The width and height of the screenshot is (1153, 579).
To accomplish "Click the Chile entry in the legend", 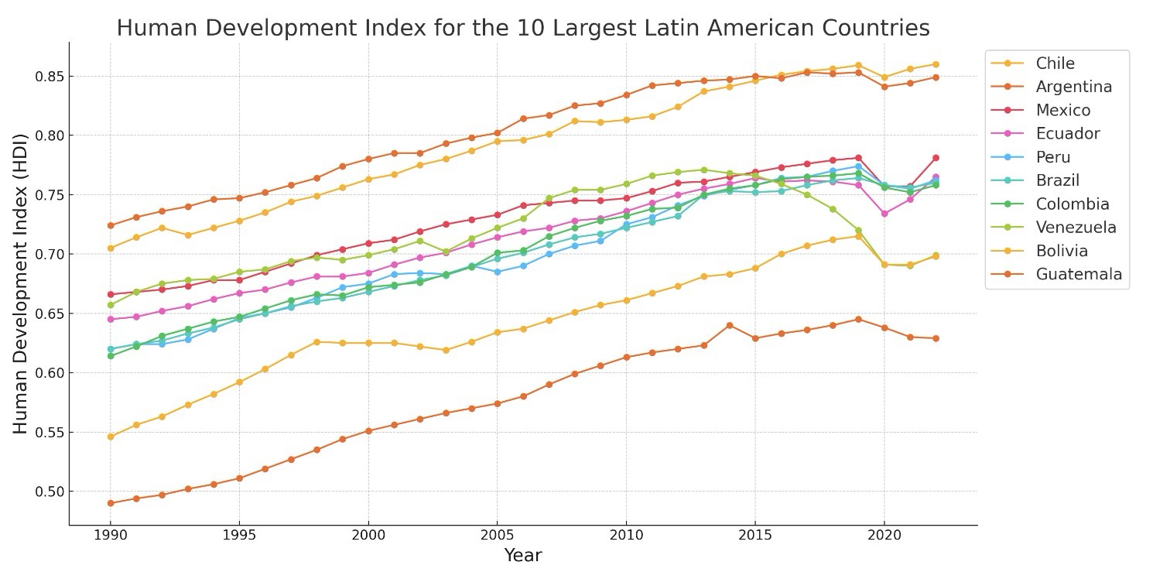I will (1055, 63).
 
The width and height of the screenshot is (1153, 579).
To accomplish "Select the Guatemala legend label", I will (1079, 274).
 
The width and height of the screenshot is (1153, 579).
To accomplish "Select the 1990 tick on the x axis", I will (111, 536).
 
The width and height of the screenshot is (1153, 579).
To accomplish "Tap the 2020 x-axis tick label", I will (884, 536).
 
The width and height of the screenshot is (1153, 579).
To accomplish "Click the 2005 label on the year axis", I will (497, 536).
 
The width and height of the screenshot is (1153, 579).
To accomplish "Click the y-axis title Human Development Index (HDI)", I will (21, 283).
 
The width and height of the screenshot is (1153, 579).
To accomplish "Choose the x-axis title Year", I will (523, 556).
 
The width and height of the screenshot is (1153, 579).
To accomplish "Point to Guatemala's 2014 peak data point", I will (730, 325).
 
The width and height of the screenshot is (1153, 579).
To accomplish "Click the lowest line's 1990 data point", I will (111, 503).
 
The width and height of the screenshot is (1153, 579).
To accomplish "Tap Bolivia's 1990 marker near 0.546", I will (111, 437).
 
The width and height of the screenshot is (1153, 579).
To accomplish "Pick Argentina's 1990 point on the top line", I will (111, 225).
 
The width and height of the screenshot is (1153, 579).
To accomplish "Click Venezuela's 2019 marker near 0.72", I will (858, 231).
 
